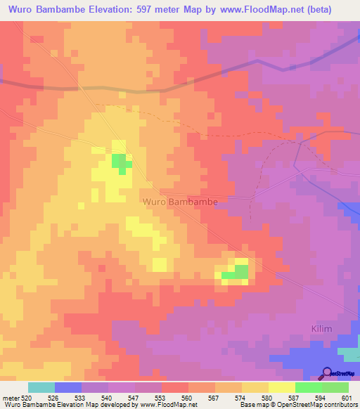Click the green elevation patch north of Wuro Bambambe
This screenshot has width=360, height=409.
pyautogui.click(x=121, y=162)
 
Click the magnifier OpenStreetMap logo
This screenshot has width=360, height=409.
pyautogui.click(x=328, y=373)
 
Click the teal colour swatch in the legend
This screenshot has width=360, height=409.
pyautogui.click(x=41, y=387)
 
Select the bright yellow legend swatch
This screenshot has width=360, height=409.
pyautogui.click(x=281, y=387)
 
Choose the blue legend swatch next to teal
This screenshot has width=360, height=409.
pyautogui.click(x=68, y=387)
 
